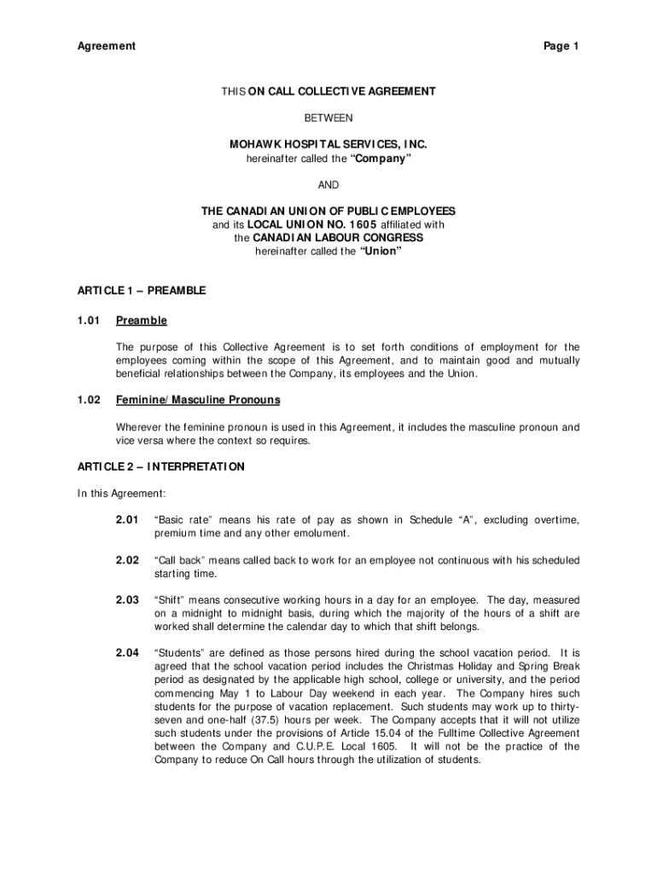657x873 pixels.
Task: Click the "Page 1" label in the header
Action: pyautogui.click(x=561, y=46)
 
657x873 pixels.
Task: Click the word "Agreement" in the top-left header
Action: pyautogui.click(x=107, y=46)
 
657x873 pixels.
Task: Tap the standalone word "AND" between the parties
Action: pyautogui.click(x=328, y=184)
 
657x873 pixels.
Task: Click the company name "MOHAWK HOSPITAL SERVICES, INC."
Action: pyautogui.click(x=328, y=145)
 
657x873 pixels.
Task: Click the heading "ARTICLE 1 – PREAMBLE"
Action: pyautogui.click(x=142, y=291)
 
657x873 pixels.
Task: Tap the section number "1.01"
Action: pyautogui.click(x=90, y=321)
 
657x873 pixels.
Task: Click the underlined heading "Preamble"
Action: pyautogui.click(x=142, y=321)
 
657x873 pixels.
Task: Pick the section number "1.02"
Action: pyautogui.click(x=90, y=400)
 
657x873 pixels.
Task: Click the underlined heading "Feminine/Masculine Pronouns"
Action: pyautogui.click(x=198, y=400)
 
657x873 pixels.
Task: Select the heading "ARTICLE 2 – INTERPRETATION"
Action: pyautogui.click(x=161, y=467)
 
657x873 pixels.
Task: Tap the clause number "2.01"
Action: pyautogui.click(x=127, y=520)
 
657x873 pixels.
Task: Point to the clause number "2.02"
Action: pyautogui.click(x=127, y=560)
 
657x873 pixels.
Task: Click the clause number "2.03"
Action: pyautogui.click(x=127, y=600)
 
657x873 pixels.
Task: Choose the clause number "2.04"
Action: pyautogui.click(x=127, y=653)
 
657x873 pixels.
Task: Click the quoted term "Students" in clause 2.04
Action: pyautogui.click(x=180, y=653)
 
